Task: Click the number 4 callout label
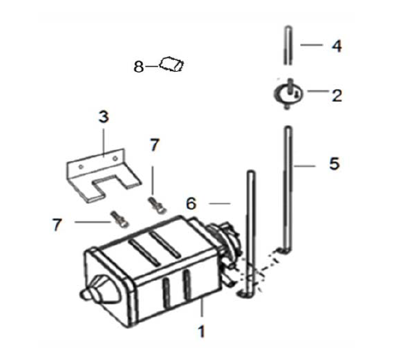click(336, 46)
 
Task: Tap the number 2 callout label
click(337, 96)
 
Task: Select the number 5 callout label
click(335, 163)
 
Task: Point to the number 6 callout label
click(191, 204)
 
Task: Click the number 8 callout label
click(139, 66)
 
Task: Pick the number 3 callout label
click(103, 117)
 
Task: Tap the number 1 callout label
click(201, 331)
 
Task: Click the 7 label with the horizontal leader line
click(57, 225)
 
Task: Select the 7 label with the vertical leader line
click(155, 144)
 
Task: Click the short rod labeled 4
click(288, 46)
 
